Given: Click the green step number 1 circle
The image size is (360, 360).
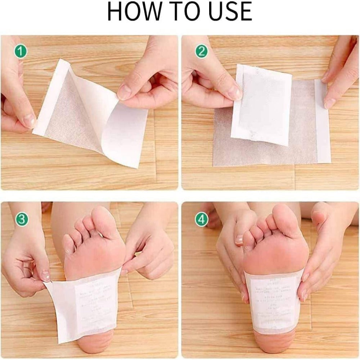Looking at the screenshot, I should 21,51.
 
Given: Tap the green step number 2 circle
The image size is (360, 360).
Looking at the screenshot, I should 202,51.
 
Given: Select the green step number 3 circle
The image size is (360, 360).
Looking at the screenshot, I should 21,218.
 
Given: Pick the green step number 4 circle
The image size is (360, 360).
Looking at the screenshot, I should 202,219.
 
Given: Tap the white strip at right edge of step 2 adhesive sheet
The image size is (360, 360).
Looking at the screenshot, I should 322,121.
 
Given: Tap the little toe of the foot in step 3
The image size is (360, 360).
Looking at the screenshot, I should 68,245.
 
